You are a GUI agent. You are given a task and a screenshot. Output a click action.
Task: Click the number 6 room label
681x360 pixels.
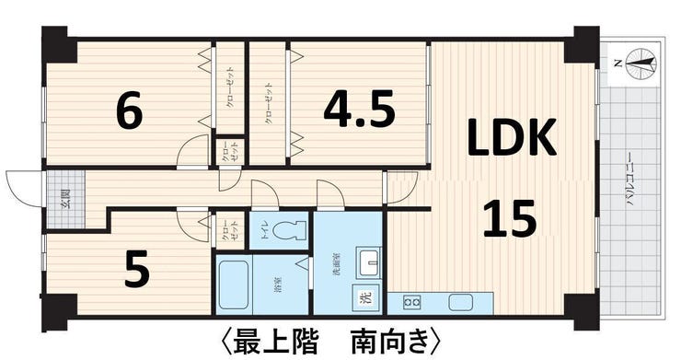[129, 112]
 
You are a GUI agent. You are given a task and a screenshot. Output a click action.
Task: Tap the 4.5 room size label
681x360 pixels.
[359, 110]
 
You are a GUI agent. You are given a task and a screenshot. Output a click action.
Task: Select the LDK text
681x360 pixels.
[511, 139]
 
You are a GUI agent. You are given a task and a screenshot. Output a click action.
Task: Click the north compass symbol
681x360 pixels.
[641, 63]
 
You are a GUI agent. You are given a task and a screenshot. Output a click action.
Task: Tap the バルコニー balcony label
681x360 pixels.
[633, 184]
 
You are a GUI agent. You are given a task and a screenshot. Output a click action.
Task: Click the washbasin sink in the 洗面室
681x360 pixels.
[370, 261]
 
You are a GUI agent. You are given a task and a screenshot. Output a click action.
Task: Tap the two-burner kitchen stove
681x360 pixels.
[410, 302]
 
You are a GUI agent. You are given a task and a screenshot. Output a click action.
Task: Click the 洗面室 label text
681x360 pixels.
[337, 266]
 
